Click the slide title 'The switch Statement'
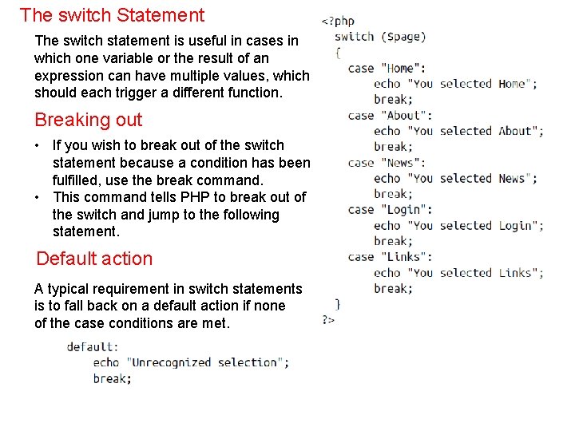[x=112, y=15]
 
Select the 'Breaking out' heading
[x=88, y=121]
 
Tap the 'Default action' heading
[x=94, y=259]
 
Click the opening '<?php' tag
[x=338, y=22]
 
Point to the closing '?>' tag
[x=328, y=319]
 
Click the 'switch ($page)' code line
[x=379, y=37]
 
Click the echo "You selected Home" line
[x=455, y=84]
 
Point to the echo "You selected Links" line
[x=458, y=273]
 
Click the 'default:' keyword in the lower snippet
[x=93, y=346]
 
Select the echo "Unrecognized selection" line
[x=191, y=362]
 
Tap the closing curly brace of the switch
[x=338, y=303]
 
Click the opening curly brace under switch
[x=338, y=53]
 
